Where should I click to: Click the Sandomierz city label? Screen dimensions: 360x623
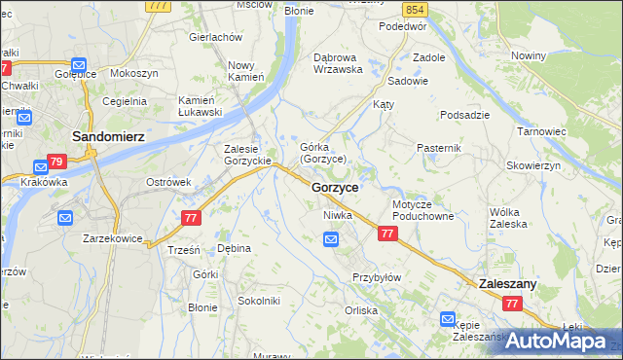(x=108, y=137)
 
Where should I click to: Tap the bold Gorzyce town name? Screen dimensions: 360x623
(x=335, y=186)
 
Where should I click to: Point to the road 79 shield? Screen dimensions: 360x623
(x=56, y=162)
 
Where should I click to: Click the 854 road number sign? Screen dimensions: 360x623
(x=416, y=9)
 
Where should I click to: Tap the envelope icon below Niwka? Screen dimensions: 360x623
(x=332, y=238)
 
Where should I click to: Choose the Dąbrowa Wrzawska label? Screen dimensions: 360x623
(x=338, y=63)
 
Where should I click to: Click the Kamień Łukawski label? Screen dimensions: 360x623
(x=200, y=106)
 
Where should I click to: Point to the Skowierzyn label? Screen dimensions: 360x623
(x=534, y=166)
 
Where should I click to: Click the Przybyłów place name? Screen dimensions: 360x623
(x=377, y=277)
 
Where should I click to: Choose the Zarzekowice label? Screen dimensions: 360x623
(x=112, y=237)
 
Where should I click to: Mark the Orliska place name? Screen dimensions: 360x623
(x=361, y=310)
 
